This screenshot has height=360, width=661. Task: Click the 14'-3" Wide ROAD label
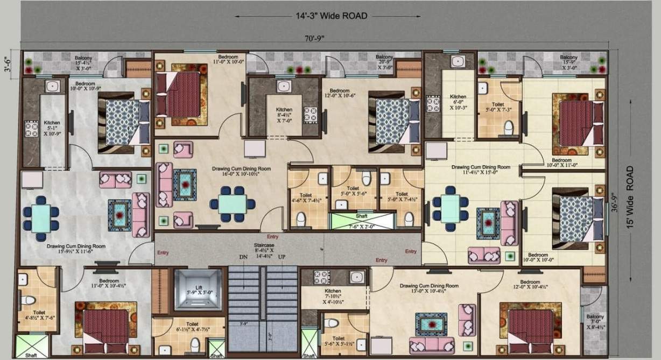[330, 16]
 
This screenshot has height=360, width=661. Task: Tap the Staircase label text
[263, 244]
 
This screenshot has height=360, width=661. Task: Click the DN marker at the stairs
[243, 257]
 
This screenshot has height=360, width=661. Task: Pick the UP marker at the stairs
[282, 257]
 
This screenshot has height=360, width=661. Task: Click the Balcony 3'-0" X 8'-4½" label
[595, 320]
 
